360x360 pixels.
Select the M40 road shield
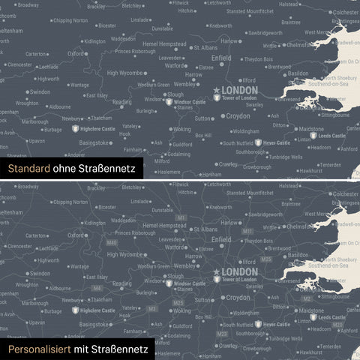coord(112,243)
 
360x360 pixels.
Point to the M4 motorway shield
coord(97,288)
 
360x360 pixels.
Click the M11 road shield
coord(247,232)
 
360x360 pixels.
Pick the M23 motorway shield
coord(222,333)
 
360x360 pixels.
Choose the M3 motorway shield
coord(152,307)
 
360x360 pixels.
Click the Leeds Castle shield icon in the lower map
coord(313,318)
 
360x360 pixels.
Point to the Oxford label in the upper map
coord(76,54)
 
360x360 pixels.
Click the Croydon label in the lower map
coord(238,298)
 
